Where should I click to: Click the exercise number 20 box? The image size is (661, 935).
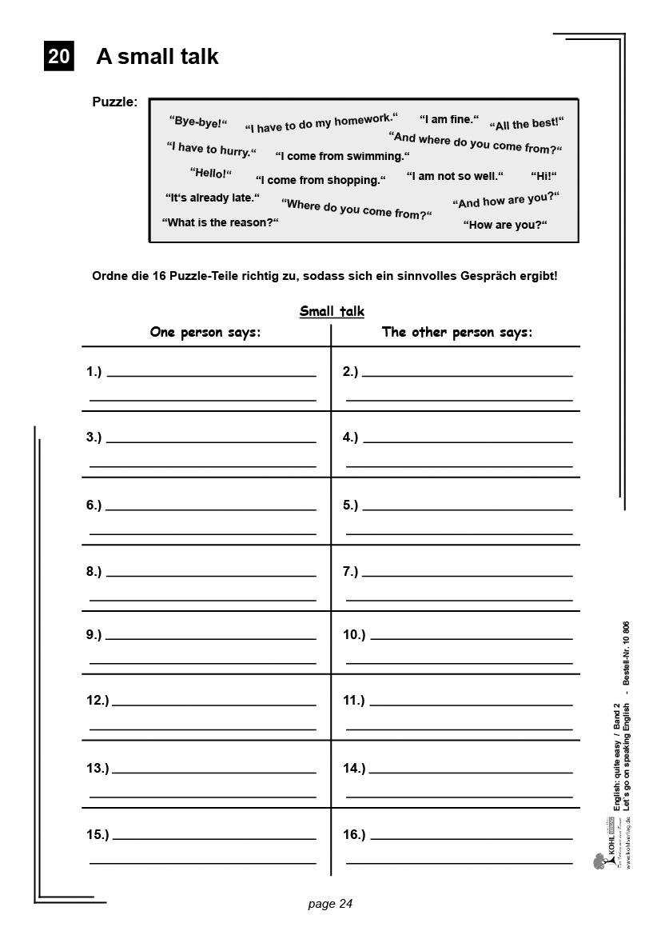[58, 57]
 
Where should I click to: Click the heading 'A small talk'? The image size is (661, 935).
[157, 57]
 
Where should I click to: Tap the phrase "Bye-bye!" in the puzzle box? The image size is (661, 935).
[198, 122]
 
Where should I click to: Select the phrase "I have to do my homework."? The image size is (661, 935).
[321, 122]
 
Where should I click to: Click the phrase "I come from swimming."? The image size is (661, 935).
[342, 156]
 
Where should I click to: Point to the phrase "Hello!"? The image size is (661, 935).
[211, 173]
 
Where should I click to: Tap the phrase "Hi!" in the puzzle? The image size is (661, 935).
[544, 176]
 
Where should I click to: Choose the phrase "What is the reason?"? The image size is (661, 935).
[220, 222]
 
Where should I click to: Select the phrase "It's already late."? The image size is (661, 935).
[213, 198]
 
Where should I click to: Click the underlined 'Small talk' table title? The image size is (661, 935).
[332, 311]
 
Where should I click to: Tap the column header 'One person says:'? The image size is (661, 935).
[205, 332]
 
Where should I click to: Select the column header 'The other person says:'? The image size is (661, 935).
[456, 332]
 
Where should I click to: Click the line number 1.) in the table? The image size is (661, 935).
[94, 371]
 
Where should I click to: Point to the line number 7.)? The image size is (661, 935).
[350, 571]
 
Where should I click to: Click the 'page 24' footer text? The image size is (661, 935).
[330, 904]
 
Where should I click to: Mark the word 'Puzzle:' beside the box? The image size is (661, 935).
[115, 102]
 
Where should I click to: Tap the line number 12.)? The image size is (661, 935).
[98, 701]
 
